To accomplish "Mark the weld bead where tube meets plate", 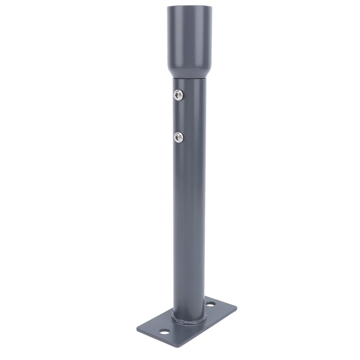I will click(x=189, y=322).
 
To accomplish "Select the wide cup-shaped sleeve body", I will click(x=189, y=36).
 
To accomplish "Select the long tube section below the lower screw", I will click(x=189, y=225).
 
